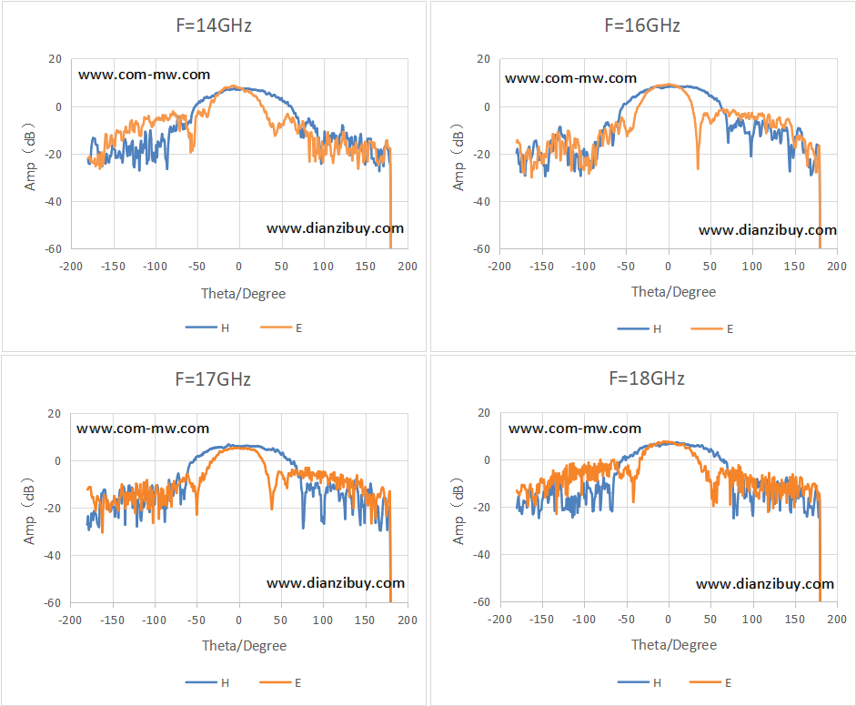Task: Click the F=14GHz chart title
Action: (x=214, y=25)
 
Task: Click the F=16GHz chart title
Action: (x=642, y=25)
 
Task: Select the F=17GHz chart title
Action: (x=213, y=379)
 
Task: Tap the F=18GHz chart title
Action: (x=647, y=378)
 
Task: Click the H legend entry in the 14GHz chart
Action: (x=207, y=328)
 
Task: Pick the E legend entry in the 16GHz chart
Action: (x=712, y=328)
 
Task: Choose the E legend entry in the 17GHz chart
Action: (x=280, y=682)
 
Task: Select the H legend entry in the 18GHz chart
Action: (x=639, y=682)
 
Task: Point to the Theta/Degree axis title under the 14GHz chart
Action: (x=244, y=294)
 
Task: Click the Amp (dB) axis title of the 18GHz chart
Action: (x=458, y=511)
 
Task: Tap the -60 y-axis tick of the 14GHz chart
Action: (x=54, y=249)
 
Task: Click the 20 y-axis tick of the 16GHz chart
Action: (x=483, y=59)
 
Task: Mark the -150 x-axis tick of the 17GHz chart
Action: (x=113, y=620)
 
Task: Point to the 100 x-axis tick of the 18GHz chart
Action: (x=751, y=620)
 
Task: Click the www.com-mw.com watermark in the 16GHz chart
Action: (x=570, y=78)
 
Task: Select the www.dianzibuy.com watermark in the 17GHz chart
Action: (x=336, y=583)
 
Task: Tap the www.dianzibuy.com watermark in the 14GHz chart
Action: (x=335, y=228)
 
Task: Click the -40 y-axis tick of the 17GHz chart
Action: (x=53, y=556)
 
